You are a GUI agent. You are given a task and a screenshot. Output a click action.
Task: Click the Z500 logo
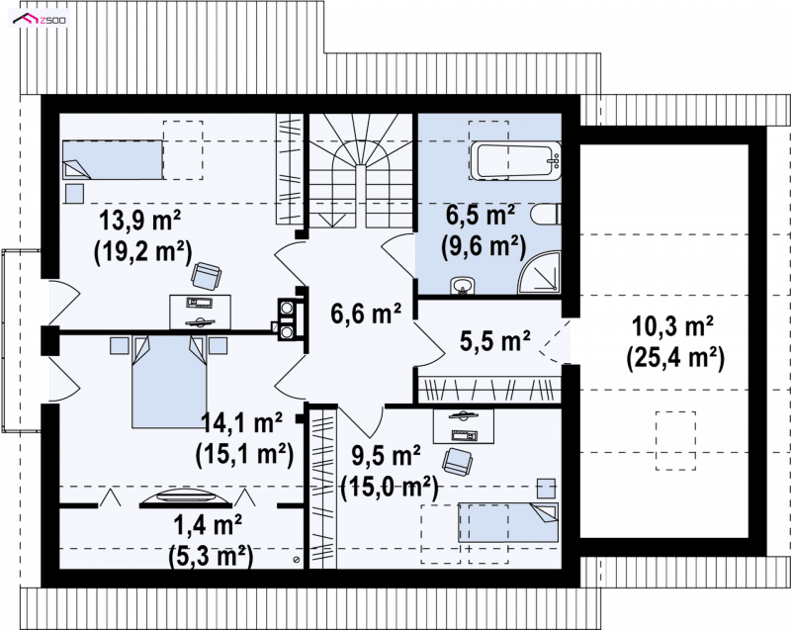pyautogui.click(x=39, y=20)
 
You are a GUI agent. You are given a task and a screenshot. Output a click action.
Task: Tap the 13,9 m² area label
pyautogui.click(x=139, y=220)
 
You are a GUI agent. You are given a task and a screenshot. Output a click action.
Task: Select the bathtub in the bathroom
pyautogui.click(x=515, y=161)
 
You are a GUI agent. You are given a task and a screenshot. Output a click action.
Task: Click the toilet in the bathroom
pyautogui.click(x=546, y=215)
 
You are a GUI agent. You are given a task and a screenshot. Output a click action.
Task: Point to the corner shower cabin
pyautogui.click(x=541, y=273)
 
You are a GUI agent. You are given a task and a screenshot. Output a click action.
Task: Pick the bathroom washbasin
pyautogui.click(x=462, y=285)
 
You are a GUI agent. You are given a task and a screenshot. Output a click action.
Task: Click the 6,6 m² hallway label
pyautogui.click(x=366, y=314)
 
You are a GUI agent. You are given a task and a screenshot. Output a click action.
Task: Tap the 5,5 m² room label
pyautogui.click(x=495, y=340)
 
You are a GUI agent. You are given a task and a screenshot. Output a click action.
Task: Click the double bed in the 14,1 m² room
pyautogui.click(x=169, y=382)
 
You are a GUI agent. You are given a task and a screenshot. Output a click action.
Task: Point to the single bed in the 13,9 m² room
pyautogui.click(x=113, y=159)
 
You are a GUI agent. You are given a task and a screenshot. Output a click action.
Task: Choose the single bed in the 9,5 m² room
pyautogui.click(x=508, y=522)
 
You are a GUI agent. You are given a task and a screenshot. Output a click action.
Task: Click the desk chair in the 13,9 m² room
pyautogui.click(x=206, y=276)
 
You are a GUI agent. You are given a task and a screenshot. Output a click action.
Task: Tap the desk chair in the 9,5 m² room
pyautogui.click(x=457, y=462)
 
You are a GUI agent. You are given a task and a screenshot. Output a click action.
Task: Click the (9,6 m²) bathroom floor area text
pyautogui.click(x=483, y=246)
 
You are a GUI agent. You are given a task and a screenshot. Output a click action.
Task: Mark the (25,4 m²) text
pyautogui.click(x=675, y=358)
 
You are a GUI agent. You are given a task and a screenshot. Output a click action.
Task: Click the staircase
pyautogui.click(x=361, y=171)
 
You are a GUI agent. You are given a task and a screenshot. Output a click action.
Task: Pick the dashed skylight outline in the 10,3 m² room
pyautogui.click(x=676, y=441)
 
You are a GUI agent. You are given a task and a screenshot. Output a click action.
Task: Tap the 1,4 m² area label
pyautogui.click(x=208, y=525)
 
